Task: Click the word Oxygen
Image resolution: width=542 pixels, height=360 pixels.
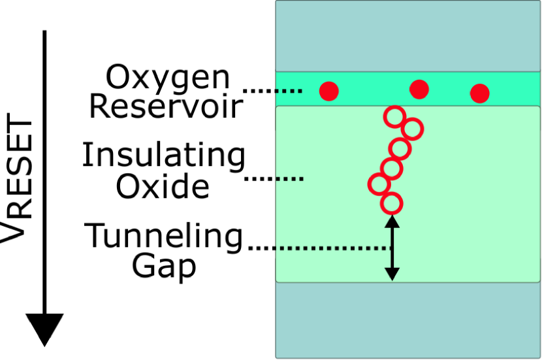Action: point(168,78)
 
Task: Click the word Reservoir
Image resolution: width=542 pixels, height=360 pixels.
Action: point(166,106)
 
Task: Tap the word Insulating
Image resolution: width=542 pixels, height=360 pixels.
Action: point(163,155)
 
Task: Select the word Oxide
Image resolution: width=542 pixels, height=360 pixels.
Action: point(163,187)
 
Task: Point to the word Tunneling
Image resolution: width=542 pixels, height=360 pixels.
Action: point(165,237)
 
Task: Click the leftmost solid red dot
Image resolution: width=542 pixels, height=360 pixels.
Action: point(329,91)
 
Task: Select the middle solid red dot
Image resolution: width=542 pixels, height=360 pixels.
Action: point(419,89)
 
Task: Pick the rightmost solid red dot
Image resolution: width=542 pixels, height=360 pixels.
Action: point(480,93)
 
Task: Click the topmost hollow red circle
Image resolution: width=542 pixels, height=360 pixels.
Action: point(394,117)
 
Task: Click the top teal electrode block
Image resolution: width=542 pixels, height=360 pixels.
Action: point(407,36)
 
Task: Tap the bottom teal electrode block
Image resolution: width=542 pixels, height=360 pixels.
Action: point(407,320)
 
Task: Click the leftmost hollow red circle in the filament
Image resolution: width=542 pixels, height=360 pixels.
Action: point(378,184)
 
